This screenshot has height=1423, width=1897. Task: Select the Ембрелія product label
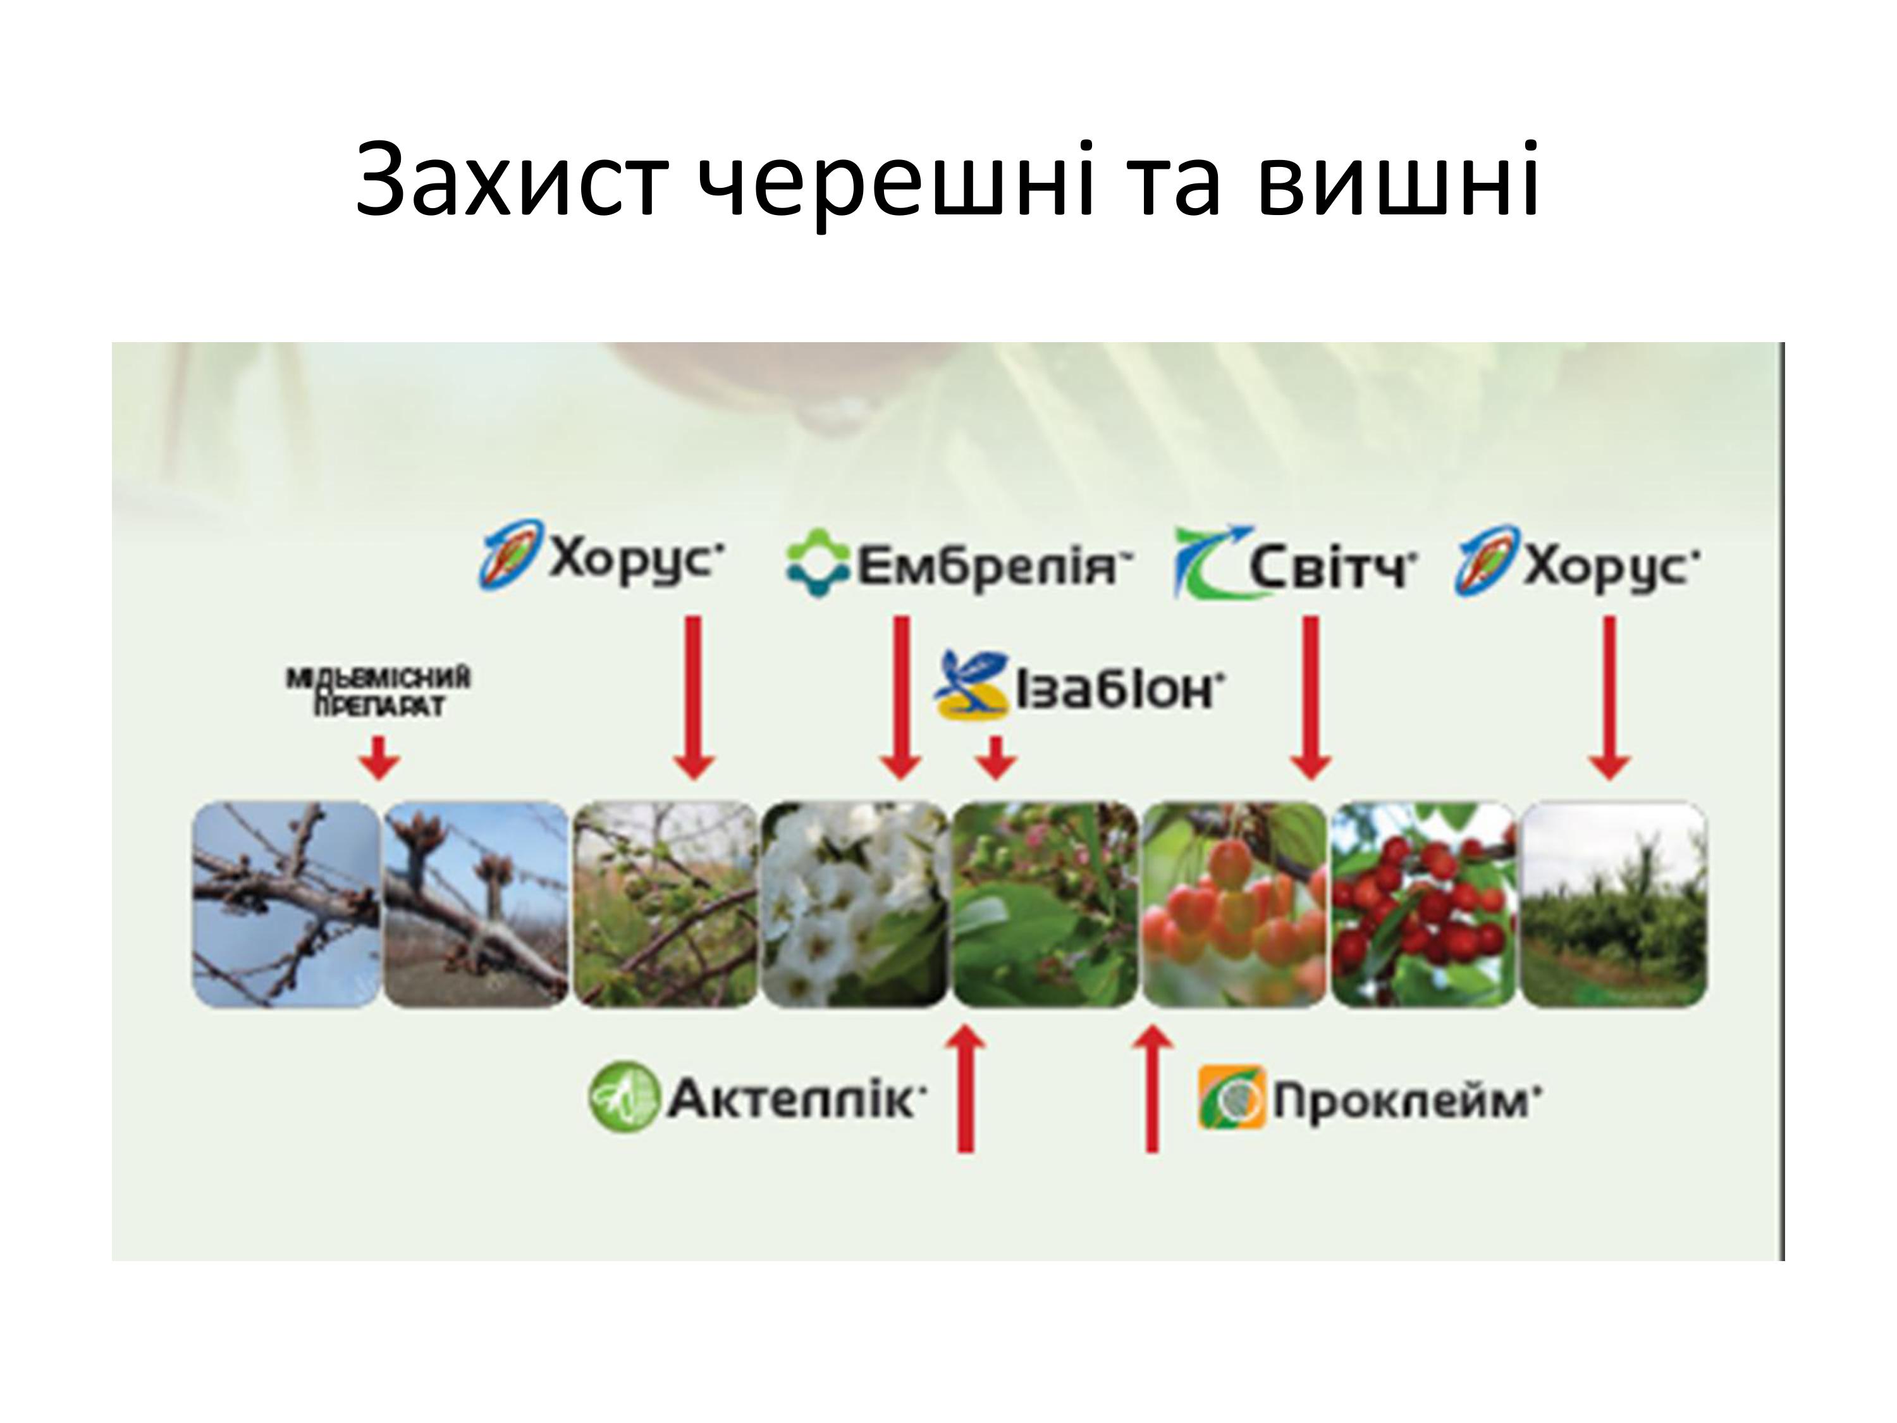(x=959, y=564)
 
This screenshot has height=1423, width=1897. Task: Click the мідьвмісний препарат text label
(x=378, y=692)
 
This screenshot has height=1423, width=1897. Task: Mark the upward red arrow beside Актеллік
(x=966, y=1089)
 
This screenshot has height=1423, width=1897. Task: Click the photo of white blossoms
(x=854, y=904)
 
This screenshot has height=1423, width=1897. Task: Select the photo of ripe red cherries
(x=1423, y=904)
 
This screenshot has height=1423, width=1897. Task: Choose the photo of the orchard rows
(x=1613, y=904)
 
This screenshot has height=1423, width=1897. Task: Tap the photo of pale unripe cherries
(x=1235, y=904)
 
